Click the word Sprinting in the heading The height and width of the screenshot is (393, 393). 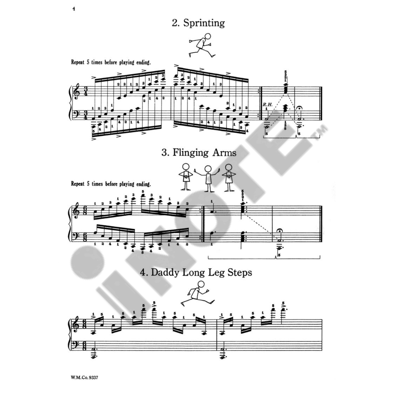tap(204, 23)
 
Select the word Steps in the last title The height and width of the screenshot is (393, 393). tap(238, 273)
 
